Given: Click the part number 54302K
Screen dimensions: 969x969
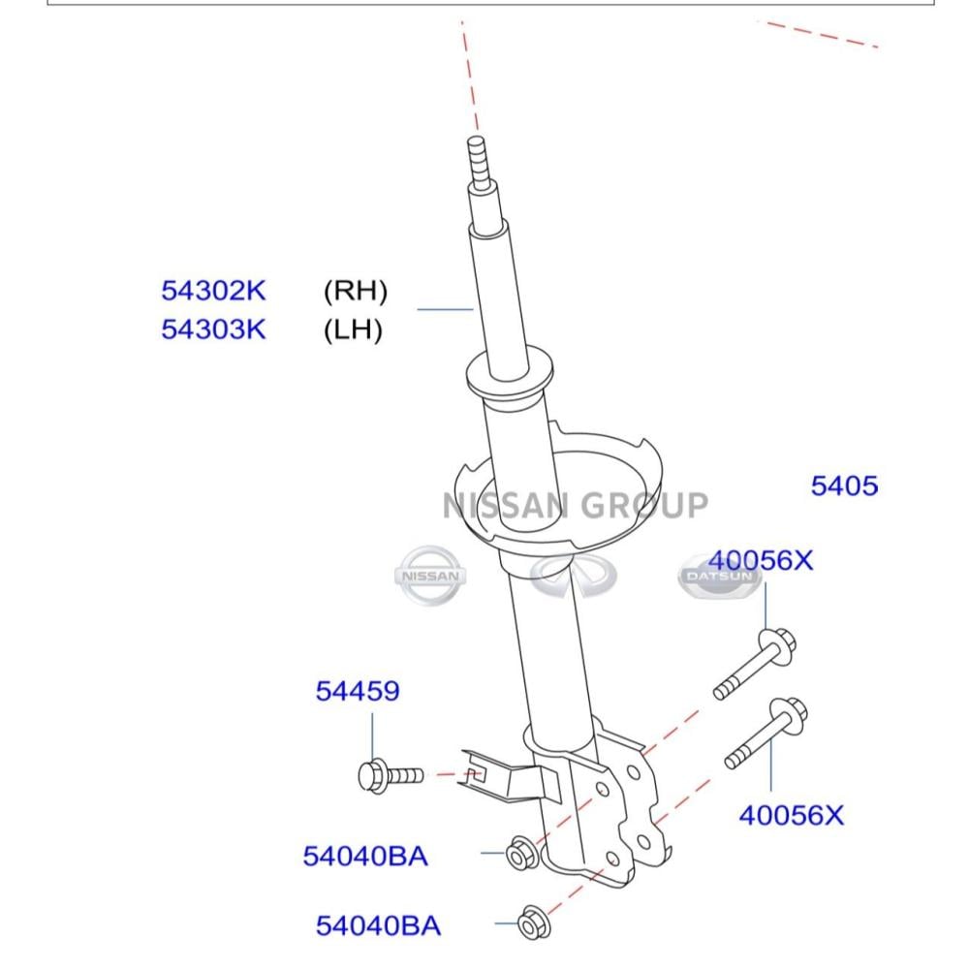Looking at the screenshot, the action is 213,291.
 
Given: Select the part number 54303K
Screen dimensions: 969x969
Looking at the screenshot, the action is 213,329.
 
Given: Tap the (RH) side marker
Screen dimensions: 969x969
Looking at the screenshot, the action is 356,291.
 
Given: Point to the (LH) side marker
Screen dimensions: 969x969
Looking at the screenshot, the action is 353,329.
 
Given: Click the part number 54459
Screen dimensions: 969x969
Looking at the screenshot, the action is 358,691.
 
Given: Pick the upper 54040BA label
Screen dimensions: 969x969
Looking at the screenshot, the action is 365,856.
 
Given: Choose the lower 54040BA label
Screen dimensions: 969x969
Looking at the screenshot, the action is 378,925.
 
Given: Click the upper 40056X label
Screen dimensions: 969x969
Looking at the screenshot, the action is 761,560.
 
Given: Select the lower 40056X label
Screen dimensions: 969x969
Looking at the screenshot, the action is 791,815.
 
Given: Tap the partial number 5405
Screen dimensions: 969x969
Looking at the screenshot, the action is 844,485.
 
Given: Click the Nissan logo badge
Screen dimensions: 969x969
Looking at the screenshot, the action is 430,576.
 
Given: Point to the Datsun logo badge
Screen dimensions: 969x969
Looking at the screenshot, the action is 719,577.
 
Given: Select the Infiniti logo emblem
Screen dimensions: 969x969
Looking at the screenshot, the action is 574,576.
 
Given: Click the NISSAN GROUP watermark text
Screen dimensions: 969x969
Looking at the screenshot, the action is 576,506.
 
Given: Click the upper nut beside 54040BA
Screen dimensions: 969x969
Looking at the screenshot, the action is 521,853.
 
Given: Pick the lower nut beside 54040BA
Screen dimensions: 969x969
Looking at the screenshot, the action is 534,922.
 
